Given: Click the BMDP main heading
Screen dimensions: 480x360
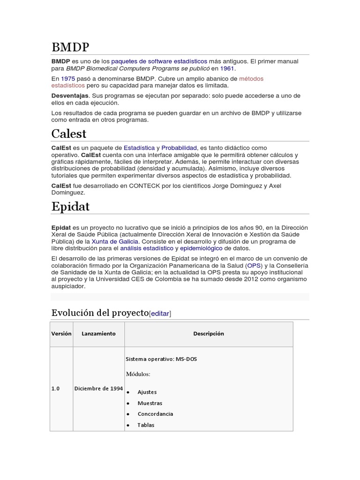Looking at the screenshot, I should [x=70, y=47].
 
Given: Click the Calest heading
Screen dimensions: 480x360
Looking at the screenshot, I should [x=69, y=134].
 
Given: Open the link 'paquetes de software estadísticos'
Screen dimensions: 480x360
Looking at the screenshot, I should [x=159, y=61].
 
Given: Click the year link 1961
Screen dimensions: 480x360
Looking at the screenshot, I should [x=227, y=68].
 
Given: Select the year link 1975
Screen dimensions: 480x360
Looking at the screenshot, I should [x=68, y=79].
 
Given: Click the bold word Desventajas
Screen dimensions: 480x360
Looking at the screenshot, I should [x=70, y=96].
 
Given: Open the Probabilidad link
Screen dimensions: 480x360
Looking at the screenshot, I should [x=179, y=148].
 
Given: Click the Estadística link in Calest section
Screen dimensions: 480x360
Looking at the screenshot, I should [x=139, y=148].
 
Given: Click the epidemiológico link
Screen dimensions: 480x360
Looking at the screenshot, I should [x=202, y=248].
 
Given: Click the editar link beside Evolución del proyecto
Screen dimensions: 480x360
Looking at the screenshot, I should [x=160, y=314].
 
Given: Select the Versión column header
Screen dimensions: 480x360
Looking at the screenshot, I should [x=61, y=334].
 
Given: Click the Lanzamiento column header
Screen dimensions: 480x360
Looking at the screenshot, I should [x=98, y=334].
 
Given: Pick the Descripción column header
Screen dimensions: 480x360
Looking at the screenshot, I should [x=209, y=334].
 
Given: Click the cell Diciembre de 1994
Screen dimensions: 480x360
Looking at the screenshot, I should [x=98, y=389].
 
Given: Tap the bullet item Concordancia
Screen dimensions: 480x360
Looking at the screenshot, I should [x=155, y=414].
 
